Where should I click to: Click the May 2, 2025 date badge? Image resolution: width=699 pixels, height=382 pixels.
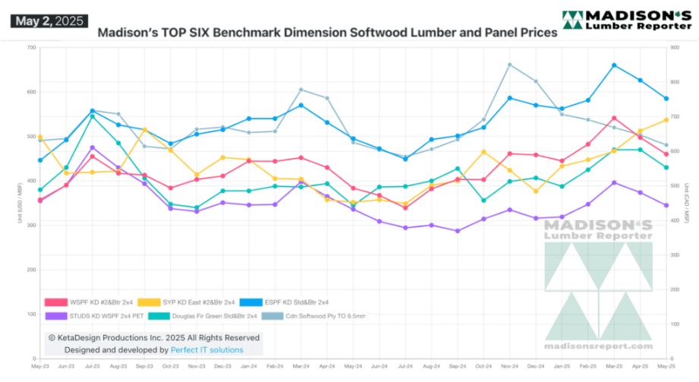[49, 21]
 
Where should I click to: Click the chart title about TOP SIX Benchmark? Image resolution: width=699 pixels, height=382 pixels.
[327, 33]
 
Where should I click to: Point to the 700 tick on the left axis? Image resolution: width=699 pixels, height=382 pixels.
[30, 48]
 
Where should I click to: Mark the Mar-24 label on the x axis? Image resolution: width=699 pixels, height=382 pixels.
[301, 365]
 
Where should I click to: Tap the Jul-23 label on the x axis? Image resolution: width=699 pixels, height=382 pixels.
[92, 365]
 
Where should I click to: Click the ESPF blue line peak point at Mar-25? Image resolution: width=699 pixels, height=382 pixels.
[614, 65]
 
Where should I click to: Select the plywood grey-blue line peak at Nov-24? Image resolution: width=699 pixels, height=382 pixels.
[509, 65]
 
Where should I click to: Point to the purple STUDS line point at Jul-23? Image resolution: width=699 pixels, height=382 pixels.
[92, 147]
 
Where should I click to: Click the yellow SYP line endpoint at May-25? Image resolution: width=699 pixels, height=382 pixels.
[666, 120]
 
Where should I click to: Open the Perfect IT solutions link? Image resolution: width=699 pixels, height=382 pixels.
[207, 350]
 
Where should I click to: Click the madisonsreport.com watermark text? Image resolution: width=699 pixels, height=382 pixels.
[598, 346]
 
